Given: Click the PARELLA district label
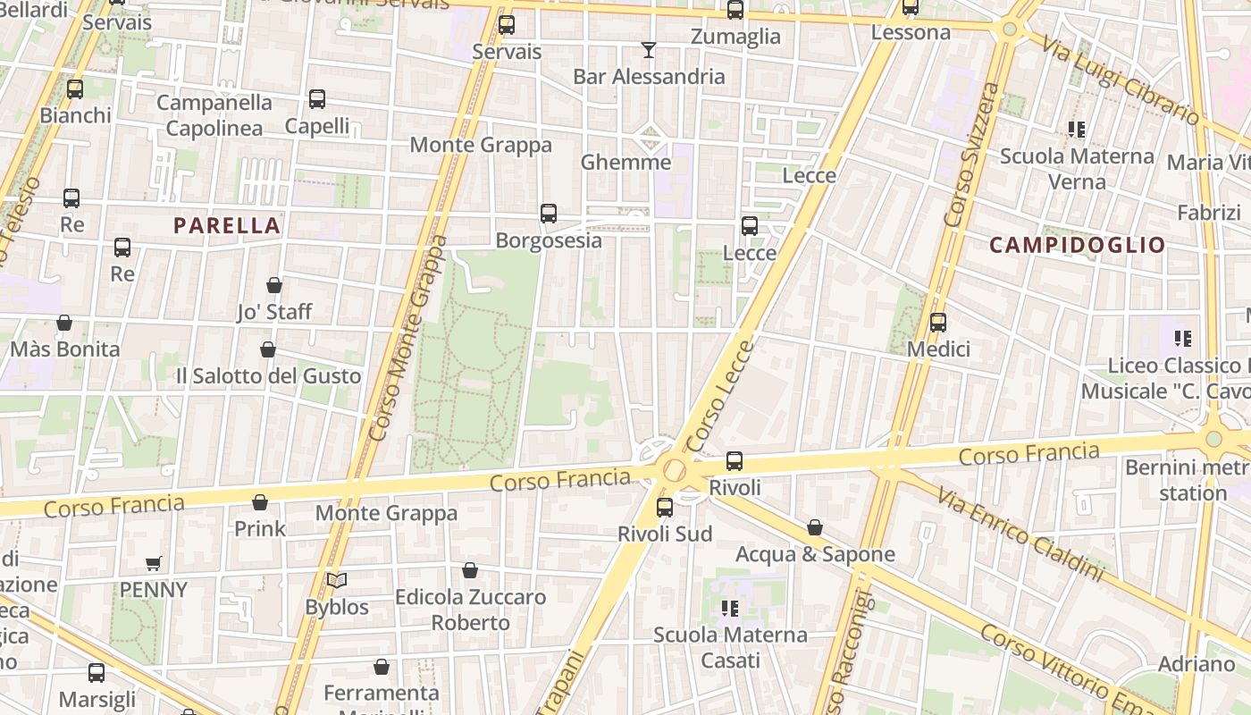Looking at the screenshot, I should pyautogui.click(x=227, y=225).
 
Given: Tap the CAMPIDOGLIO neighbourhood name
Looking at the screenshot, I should pyautogui.click(x=1078, y=245).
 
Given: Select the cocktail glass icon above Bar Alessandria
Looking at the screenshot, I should pyautogui.click(x=649, y=50).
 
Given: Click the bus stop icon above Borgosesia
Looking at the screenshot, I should pyautogui.click(x=549, y=214).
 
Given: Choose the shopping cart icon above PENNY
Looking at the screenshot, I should pyautogui.click(x=154, y=564).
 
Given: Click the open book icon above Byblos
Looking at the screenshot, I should pyautogui.click(x=337, y=581).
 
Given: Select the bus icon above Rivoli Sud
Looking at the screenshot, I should pyautogui.click(x=665, y=508).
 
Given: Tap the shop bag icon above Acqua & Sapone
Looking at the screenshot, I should pyautogui.click(x=815, y=528).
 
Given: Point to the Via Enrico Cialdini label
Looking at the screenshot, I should pyautogui.click(x=1020, y=533).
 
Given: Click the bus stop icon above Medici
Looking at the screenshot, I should pyautogui.click(x=938, y=323).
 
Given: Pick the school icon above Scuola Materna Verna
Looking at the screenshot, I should pyautogui.click(x=1077, y=130).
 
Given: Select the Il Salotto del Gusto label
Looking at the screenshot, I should pyautogui.click(x=269, y=375).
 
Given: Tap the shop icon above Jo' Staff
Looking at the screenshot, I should pyautogui.click(x=274, y=285).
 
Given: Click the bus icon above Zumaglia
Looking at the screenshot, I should pyautogui.click(x=735, y=11).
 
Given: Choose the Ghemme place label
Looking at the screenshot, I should pyautogui.click(x=625, y=162).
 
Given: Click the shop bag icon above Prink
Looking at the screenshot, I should pyautogui.click(x=260, y=502).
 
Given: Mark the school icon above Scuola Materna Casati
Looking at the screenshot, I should pyautogui.click(x=730, y=609).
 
